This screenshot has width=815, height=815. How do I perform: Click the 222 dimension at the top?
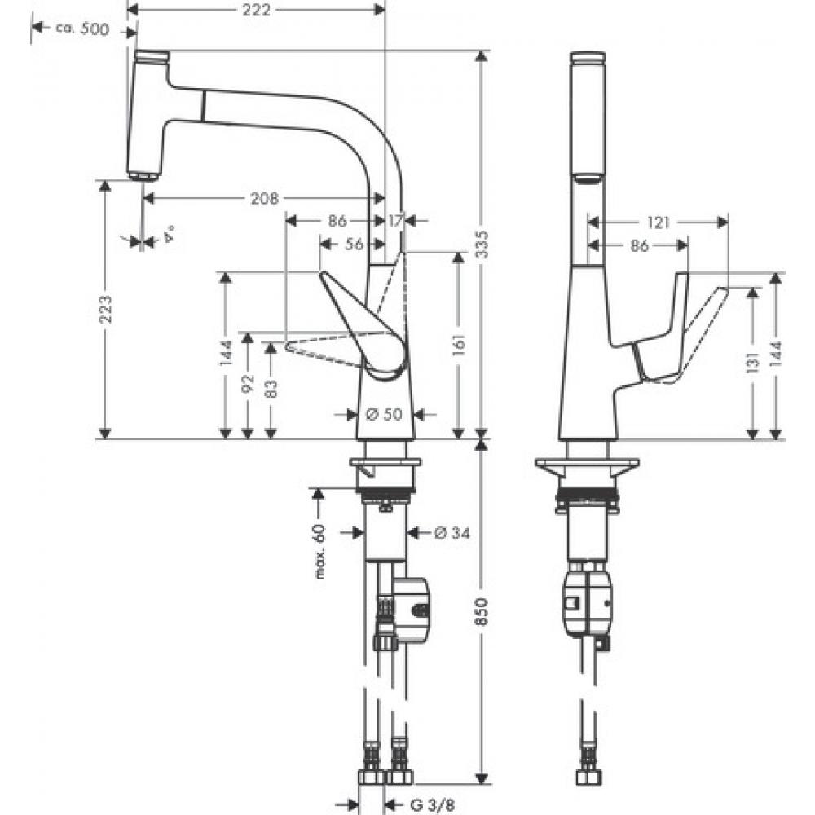coord(257,9)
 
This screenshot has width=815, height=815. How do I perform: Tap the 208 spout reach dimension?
coord(265,198)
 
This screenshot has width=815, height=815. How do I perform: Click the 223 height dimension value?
coord(105,310)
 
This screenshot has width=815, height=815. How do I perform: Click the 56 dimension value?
coord(353,243)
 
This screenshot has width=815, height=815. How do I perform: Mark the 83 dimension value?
coord(271,390)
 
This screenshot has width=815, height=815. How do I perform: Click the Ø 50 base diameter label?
coord(384,414)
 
